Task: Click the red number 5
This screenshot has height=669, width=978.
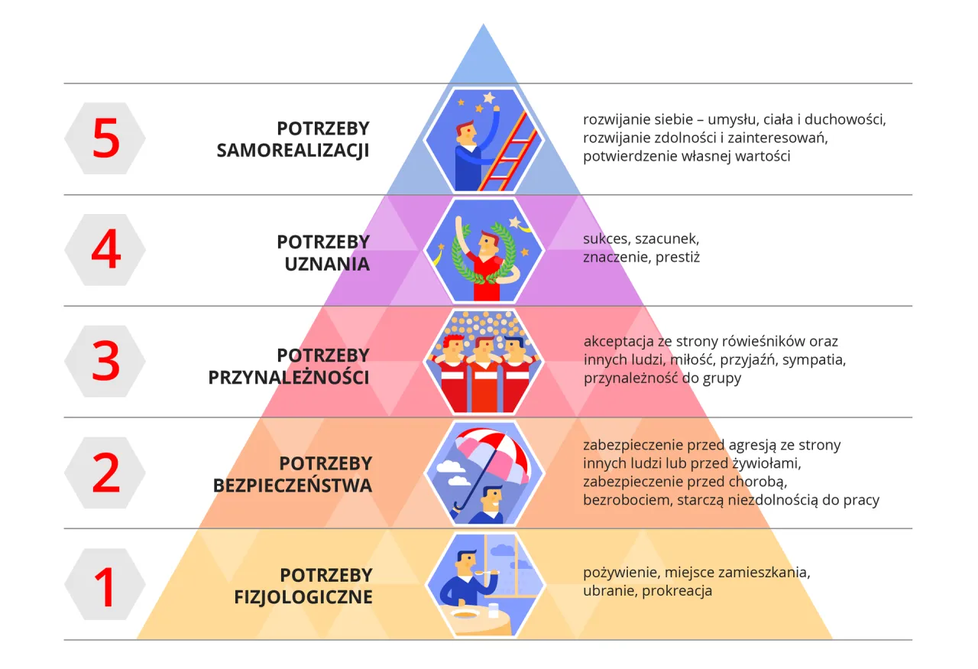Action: (x=105, y=138)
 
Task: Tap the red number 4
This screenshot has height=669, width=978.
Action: (x=105, y=249)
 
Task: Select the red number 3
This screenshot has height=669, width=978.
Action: (x=105, y=361)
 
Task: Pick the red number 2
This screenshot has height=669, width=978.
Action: (x=105, y=473)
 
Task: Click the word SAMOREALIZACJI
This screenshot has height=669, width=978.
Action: (x=293, y=151)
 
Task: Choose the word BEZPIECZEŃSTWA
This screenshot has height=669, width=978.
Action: (x=292, y=486)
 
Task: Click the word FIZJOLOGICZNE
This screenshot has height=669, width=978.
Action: (x=303, y=597)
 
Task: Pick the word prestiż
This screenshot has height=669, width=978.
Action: (x=678, y=258)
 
